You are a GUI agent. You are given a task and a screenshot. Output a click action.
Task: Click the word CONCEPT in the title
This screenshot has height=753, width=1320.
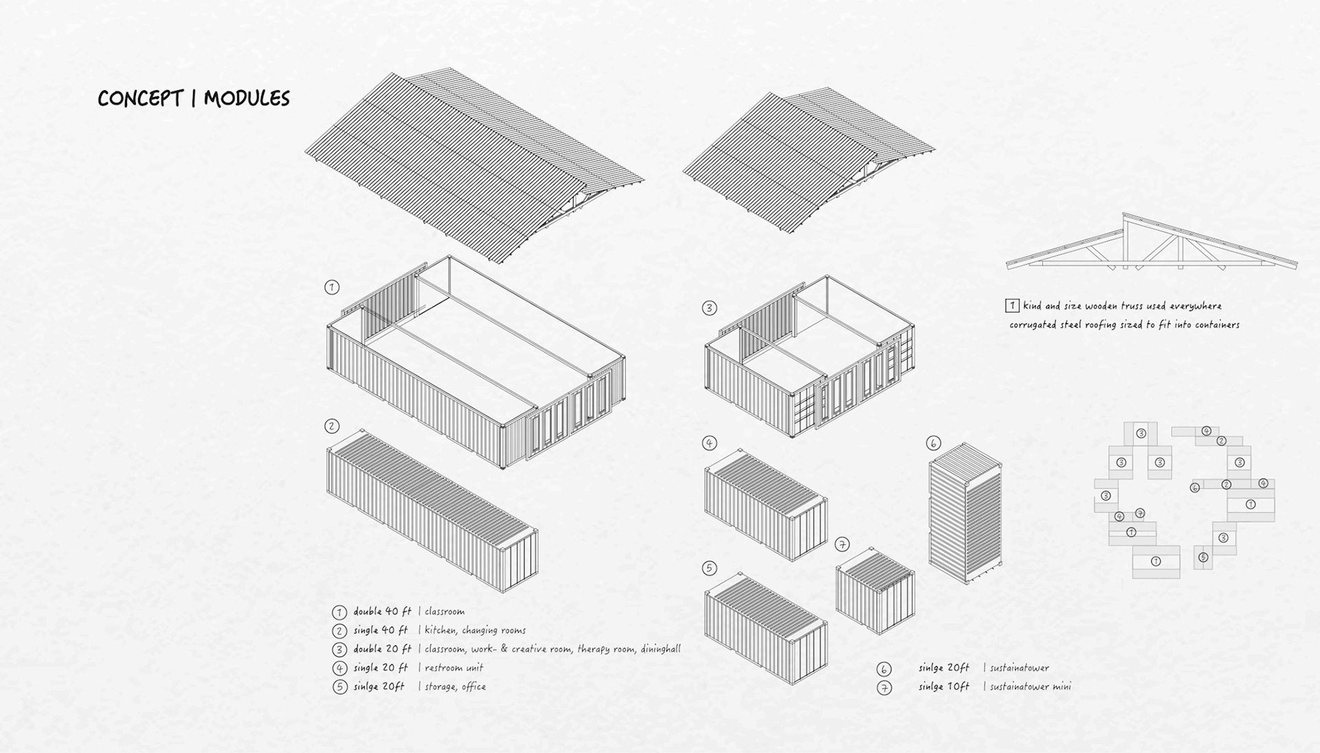pyautogui.click(x=140, y=98)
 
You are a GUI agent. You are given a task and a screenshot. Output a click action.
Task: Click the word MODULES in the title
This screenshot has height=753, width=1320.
pyautogui.click(x=247, y=98)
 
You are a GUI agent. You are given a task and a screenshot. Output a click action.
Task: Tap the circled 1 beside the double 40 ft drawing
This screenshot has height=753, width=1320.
pyautogui.click(x=332, y=287)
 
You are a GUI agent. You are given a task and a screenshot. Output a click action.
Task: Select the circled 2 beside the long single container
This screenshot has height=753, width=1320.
pyautogui.click(x=332, y=427)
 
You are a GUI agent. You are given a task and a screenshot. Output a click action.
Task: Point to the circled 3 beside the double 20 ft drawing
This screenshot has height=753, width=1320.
pyautogui.click(x=709, y=308)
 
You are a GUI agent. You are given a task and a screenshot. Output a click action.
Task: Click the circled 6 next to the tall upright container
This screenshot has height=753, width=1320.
pyautogui.click(x=933, y=443)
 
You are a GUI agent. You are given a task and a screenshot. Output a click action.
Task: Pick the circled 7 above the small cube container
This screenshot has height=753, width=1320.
pyautogui.click(x=842, y=545)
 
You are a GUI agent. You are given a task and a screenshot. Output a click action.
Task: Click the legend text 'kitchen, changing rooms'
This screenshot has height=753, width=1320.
pyautogui.click(x=475, y=630)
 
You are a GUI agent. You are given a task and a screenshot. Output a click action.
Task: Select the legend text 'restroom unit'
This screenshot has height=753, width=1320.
pyautogui.click(x=454, y=667)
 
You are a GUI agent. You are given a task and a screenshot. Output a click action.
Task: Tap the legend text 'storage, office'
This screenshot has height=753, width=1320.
pyautogui.click(x=455, y=686)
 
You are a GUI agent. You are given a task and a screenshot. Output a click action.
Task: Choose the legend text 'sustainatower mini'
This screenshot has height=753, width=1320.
pyautogui.click(x=1031, y=686)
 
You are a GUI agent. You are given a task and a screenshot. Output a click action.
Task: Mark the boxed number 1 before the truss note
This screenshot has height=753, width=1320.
pyautogui.click(x=1012, y=306)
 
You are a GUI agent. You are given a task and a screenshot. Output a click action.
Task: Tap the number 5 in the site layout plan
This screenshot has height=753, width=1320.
pyautogui.click(x=1202, y=557)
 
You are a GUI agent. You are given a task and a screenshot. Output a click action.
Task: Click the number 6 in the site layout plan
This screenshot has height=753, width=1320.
pyautogui.click(x=1195, y=488)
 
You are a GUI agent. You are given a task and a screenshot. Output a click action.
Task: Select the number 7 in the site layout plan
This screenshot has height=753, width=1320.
pyautogui.click(x=1140, y=513)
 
